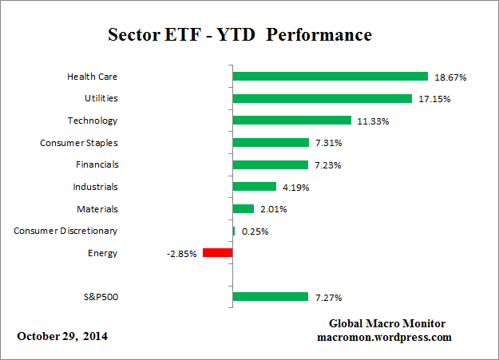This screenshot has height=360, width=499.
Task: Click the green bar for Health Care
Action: point(330,77)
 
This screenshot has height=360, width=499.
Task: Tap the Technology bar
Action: point(291,121)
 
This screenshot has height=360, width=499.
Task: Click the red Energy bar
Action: point(217,253)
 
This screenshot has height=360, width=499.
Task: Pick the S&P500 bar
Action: point(270,297)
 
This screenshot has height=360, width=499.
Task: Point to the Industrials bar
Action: point(254,187)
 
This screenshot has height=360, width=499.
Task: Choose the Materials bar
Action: point(243,209)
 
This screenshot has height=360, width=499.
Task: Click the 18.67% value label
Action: point(450,77)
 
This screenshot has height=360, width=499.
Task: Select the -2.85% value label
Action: point(182,253)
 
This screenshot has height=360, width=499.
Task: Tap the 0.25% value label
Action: point(254,231)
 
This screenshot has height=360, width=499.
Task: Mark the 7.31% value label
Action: point(329,143)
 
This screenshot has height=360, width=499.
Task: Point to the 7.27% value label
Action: point(328,298)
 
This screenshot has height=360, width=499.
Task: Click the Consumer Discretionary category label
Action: point(65,231)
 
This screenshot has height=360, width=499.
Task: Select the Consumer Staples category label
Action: point(78,143)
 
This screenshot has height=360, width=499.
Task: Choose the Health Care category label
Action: point(92,77)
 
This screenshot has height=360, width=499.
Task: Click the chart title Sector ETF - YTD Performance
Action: point(239,36)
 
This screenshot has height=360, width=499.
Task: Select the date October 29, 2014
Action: point(62,336)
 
